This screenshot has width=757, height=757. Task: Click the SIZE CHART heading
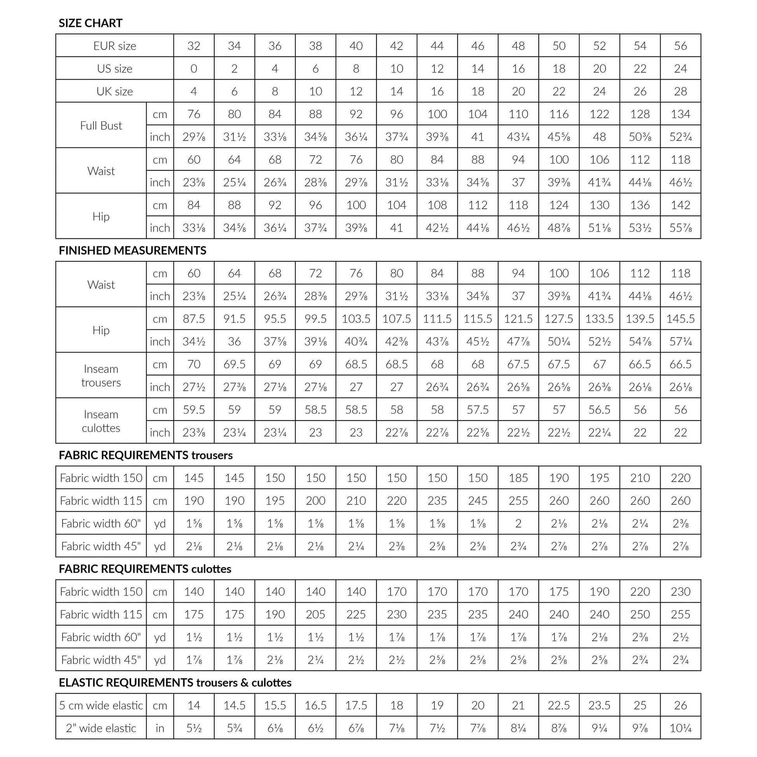[91, 23]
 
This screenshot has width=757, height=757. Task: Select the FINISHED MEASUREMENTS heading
[132, 251]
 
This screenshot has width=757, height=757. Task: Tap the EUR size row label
[114, 46]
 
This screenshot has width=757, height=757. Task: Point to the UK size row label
[114, 91]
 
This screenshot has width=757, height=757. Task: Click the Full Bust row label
[101, 125]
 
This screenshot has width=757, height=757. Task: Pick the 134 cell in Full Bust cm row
[680, 114]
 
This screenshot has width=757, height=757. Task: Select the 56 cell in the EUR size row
[680, 46]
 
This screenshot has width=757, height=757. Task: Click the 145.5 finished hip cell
[680, 319]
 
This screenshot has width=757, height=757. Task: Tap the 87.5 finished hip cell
[194, 319]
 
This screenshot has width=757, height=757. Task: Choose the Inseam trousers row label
[101, 375]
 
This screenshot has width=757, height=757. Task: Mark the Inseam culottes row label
[101, 421]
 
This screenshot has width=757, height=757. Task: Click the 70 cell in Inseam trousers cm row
[194, 364]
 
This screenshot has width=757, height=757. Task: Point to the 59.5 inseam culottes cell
[194, 410]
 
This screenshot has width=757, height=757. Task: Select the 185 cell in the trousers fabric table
[518, 478]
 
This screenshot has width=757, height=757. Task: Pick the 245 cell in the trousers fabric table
[478, 500]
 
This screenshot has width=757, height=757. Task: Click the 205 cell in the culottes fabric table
[315, 614]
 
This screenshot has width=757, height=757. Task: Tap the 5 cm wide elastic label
[101, 705]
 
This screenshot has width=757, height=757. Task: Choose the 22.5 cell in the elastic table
[559, 705]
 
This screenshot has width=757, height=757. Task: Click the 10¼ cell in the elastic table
[680, 728]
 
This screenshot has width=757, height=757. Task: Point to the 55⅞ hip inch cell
[680, 228]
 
